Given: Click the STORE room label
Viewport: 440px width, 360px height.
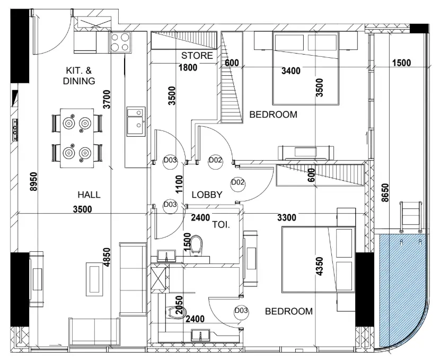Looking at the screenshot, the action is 197,56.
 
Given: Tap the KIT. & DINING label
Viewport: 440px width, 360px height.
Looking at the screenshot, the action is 79,76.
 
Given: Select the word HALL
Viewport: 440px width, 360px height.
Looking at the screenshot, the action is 89,195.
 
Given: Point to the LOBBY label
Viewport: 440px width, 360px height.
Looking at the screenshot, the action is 207,195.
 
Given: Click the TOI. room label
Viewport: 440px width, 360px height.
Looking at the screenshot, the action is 221,225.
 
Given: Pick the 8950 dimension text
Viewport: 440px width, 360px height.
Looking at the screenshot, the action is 33,182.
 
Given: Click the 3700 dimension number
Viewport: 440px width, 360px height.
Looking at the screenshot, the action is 107,99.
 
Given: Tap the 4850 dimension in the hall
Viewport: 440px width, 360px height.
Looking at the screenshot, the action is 107,258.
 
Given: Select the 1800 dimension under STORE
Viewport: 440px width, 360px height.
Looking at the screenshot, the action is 188,67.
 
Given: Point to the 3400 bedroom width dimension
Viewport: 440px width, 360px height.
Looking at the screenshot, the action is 291,71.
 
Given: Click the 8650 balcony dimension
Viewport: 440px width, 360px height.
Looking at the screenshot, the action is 385,192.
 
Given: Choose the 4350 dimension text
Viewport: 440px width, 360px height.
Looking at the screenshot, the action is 320,266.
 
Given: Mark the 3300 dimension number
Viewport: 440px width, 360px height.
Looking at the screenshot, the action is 287,217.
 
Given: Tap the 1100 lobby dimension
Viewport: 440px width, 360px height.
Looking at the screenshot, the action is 179,184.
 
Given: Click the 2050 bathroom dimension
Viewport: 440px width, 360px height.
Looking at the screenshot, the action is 179,305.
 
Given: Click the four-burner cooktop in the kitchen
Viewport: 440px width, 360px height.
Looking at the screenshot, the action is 120,42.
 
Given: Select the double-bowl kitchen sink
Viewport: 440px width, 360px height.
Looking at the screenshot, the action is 136,121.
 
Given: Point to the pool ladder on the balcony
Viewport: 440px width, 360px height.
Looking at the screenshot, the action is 410,217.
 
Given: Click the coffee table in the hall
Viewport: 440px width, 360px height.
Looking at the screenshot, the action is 94,278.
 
